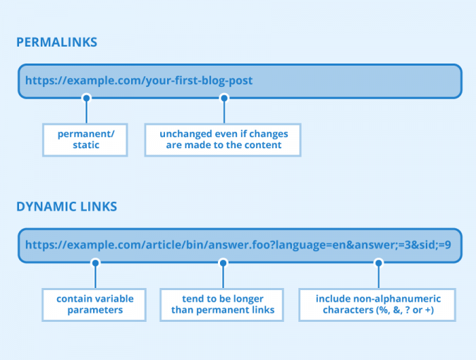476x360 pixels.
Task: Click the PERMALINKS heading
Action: tap(56, 42)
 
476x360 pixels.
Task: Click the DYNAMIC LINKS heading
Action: tap(66, 207)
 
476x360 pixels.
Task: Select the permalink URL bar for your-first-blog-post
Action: tap(240, 81)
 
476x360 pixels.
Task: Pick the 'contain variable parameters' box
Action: tap(95, 304)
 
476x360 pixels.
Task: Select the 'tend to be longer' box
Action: tap(223, 304)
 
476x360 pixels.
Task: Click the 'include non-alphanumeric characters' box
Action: tap(377, 304)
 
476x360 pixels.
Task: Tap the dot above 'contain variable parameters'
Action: tap(96, 262)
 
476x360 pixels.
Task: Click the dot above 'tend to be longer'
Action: tap(224, 262)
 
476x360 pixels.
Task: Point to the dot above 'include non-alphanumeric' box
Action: tap(378, 262)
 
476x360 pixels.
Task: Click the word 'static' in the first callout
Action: tap(85, 145)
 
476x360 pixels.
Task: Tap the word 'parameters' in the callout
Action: tap(95, 310)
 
